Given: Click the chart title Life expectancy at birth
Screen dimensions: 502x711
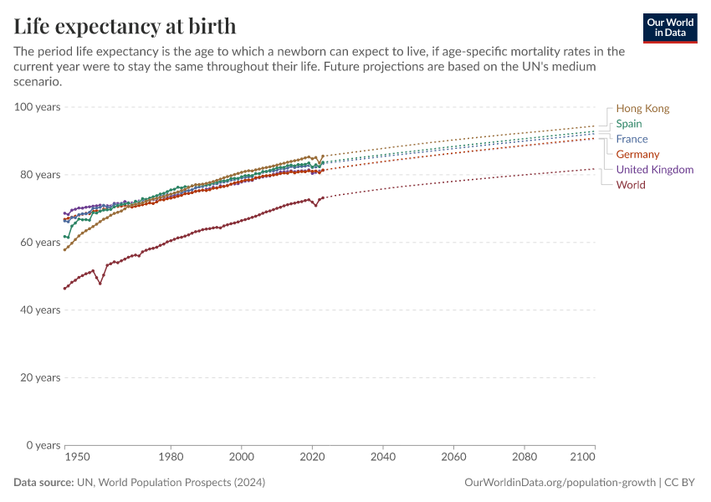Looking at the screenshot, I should (x=125, y=27).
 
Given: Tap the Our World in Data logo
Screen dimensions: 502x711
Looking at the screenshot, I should (x=669, y=28).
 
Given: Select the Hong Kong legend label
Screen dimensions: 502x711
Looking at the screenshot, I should (x=642, y=109).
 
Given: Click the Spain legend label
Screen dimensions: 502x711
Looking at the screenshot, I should (x=629, y=124).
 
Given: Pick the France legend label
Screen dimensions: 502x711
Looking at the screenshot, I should (x=632, y=139).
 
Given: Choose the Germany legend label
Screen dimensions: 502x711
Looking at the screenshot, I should (x=637, y=154).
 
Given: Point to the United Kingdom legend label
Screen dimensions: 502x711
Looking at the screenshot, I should (x=654, y=169).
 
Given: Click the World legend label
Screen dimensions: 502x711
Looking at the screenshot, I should (x=630, y=185).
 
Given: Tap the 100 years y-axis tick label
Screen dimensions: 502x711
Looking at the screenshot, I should (x=37, y=107).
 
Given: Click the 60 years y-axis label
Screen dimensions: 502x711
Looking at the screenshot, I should (x=39, y=243).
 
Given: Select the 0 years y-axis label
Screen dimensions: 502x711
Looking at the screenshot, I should (x=42, y=445).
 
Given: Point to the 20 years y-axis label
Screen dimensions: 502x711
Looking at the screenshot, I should (x=39, y=377).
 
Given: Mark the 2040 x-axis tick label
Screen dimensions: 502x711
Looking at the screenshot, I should (x=382, y=458).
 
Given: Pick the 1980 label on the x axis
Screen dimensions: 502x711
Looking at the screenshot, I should (x=171, y=458).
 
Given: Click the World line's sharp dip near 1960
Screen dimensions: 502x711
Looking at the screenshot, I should (x=100, y=284).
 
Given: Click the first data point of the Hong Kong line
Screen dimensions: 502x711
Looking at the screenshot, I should (x=65, y=249).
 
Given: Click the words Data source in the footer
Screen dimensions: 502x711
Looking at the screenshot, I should (x=43, y=483).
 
